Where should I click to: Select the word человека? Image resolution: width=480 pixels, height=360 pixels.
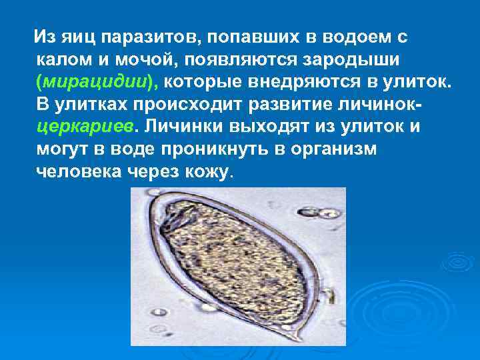click(x=77, y=172)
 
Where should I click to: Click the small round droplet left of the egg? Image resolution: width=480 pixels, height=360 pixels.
click(x=161, y=311)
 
